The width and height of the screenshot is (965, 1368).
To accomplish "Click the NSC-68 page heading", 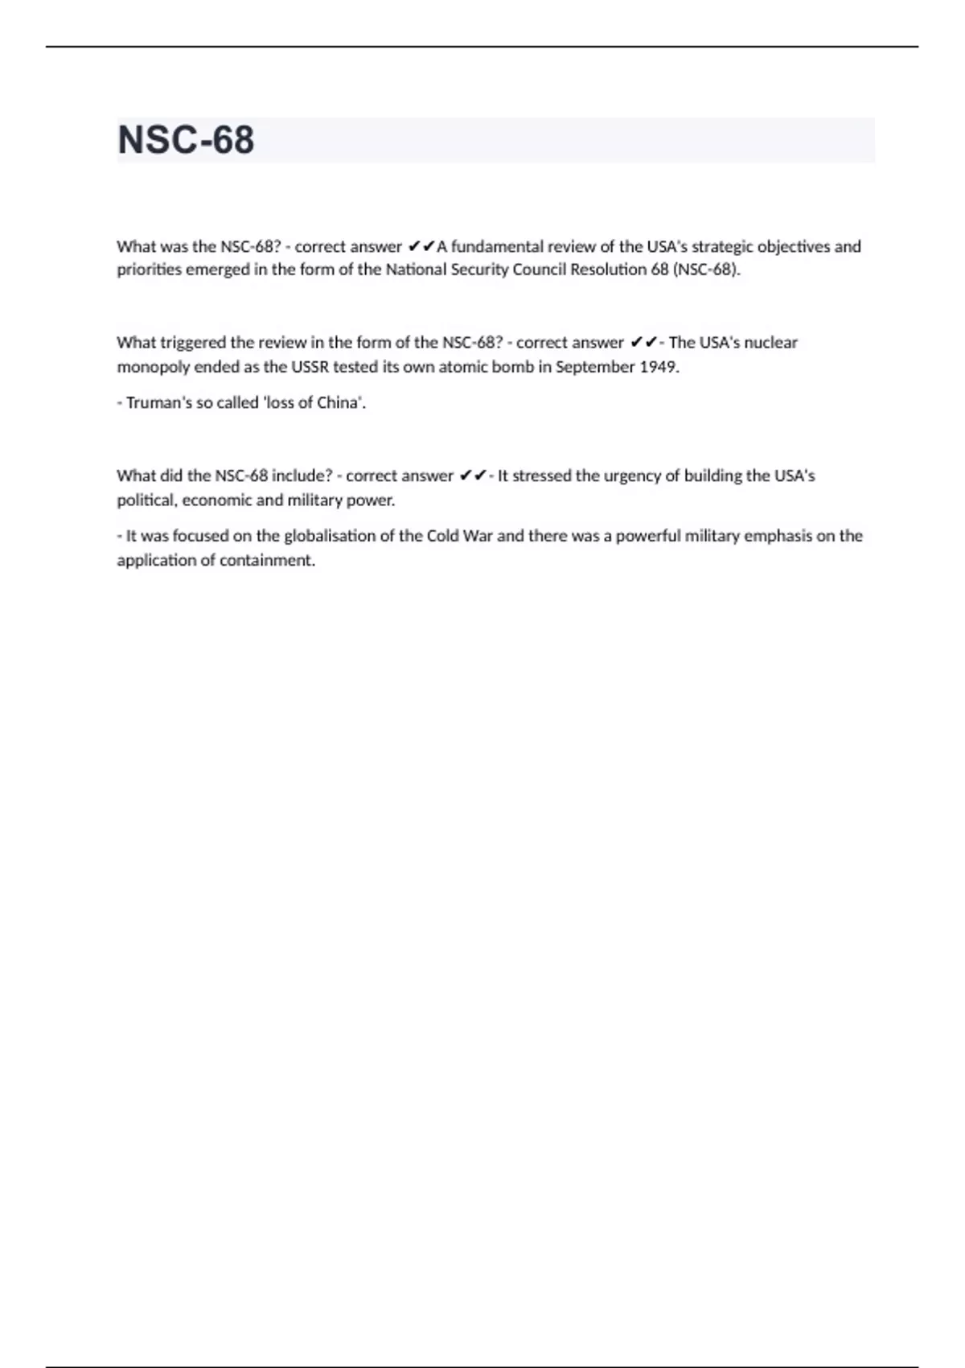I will [186, 140].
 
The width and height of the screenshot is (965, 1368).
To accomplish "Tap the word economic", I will [217, 500].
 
